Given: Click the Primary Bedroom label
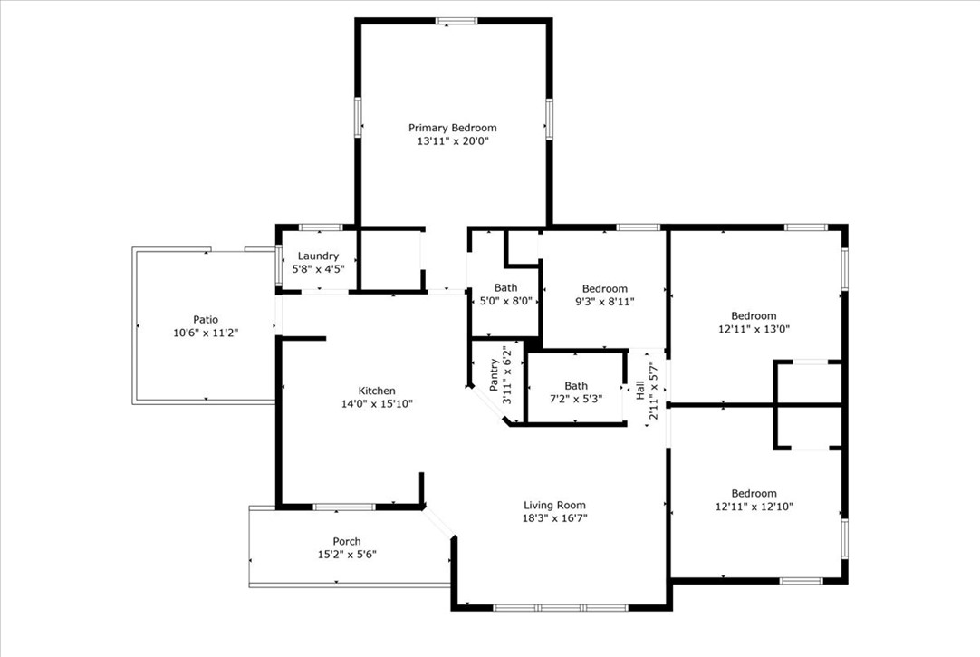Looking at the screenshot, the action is point(453,128).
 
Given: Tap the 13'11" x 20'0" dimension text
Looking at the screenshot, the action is point(453,141).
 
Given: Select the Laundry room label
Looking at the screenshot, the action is point(318,256).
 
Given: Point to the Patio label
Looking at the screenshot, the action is point(206,319).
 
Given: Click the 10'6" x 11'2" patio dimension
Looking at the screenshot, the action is point(206,333).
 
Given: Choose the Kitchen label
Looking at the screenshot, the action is point(377,391).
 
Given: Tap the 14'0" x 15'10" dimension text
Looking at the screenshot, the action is point(377,404).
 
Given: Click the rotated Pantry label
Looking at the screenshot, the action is point(495,375).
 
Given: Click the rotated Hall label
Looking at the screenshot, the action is point(640,391).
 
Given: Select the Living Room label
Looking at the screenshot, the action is point(555,505).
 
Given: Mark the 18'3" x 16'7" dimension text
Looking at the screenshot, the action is point(555,518).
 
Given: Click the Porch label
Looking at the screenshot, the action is point(347,541).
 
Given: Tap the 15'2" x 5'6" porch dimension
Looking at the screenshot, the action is point(347,555).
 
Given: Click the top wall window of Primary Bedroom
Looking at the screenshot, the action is point(456,21).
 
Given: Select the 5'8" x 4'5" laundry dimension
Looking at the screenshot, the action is point(318,269).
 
